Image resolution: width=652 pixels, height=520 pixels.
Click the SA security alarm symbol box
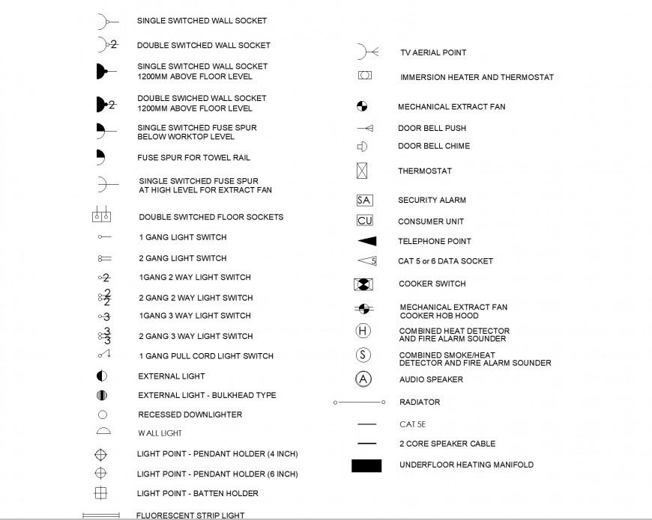point(364,200)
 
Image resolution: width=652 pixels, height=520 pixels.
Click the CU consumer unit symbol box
point(364,221)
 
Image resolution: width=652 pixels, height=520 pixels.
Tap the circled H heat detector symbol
point(363,331)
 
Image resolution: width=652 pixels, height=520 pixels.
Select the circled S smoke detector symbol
point(363,355)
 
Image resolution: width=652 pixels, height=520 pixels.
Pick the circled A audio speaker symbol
point(363,379)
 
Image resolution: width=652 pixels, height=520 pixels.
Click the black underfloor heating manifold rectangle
point(366,465)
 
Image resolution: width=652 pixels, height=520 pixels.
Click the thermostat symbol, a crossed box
point(362,171)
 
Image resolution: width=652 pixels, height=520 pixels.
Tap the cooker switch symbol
point(363,284)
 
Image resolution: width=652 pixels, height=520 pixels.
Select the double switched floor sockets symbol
point(102,216)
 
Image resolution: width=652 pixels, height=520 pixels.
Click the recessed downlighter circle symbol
point(103,415)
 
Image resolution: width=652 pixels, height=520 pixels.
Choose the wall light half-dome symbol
point(103,432)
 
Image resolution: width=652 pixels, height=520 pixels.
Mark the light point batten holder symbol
point(100,493)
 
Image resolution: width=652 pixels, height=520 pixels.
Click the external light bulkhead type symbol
point(102,395)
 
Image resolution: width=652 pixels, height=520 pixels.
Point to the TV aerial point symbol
point(366,52)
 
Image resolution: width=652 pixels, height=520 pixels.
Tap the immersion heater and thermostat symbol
point(365,76)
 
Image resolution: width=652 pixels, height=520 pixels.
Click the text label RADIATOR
point(420,403)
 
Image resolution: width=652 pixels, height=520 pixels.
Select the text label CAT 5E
point(412,424)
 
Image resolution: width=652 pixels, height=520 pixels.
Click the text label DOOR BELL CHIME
point(434,147)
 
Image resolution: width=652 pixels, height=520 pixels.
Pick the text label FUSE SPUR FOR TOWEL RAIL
point(193,158)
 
